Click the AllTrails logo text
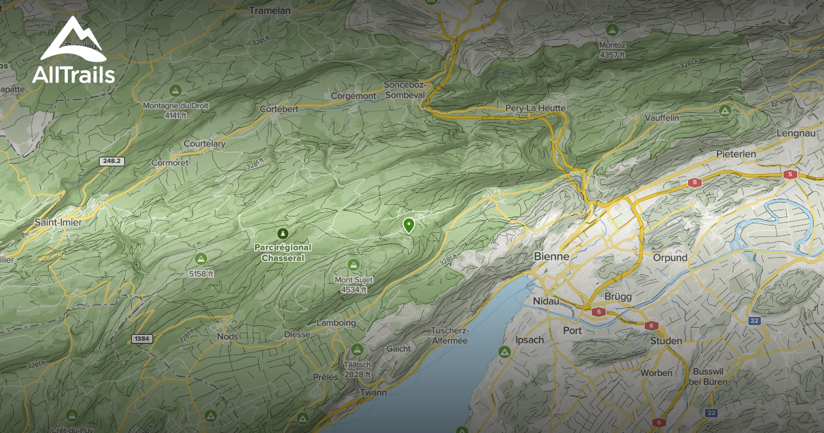point(73,74)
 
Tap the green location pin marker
point(409,224)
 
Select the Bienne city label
point(551,256)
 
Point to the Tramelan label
point(270,10)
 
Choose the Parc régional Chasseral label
point(282,253)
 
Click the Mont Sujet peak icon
point(354,265)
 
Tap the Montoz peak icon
point(611,30)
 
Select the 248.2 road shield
point(110,161)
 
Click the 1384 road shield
point(142,339)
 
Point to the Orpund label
point(670,258)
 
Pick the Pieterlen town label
point(735,154)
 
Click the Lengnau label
point(795,133)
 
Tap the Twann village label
point(373,392)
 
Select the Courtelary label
point(205,144)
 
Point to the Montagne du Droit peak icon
point(175,90)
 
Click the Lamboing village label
point(336,323)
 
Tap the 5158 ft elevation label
point(201,273)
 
